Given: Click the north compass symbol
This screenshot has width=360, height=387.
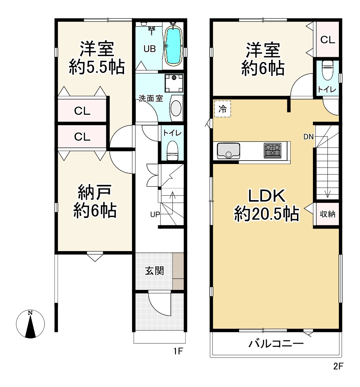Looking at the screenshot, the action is [30, 324].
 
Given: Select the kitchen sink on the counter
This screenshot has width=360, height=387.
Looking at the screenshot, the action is [228, 151].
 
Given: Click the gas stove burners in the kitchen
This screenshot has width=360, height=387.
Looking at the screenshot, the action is [273, 150].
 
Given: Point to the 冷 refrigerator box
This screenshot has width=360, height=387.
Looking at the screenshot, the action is [222, 109].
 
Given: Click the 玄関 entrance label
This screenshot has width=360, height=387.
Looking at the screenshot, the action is [154, 271].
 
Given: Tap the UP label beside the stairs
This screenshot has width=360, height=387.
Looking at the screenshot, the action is [155, 215].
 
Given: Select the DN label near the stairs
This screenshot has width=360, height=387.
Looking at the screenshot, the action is [308, 137].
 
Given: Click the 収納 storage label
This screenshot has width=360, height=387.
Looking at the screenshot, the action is [327, 214].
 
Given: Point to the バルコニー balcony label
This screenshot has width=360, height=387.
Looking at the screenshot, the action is [276, 343].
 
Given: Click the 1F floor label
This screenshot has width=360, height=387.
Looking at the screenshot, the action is [178, 351].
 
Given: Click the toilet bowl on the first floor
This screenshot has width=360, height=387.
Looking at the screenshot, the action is [172, 150].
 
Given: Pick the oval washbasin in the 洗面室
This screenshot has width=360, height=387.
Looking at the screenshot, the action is [176, 108].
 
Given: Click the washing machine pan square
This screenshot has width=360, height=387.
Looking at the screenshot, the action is [174, 83].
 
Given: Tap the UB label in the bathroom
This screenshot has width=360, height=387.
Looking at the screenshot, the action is [150, 49].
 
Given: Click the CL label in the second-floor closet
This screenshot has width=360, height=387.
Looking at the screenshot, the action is [328, 40].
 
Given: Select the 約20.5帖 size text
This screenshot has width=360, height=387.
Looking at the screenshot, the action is [266, 214].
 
